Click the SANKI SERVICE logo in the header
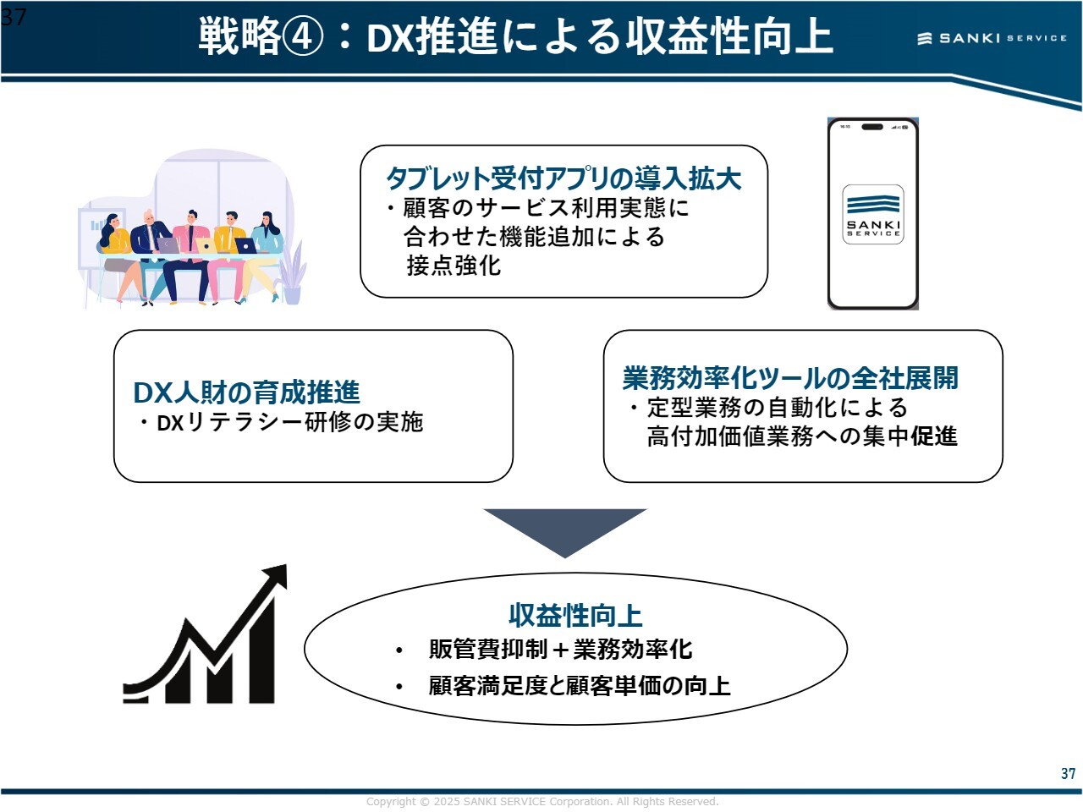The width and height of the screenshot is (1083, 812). tap(992, 38)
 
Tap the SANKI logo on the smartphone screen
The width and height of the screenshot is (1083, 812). tap(873, 214)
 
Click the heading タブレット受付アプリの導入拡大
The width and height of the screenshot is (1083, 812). tap(563, 178)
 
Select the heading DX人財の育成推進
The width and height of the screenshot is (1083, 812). tap(246, 392)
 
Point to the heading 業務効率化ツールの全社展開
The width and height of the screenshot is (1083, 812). tap(790, 378)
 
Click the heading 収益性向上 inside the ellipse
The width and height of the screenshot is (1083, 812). tap(575, 615)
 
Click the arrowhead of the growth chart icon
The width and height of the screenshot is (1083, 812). tap(275, 579)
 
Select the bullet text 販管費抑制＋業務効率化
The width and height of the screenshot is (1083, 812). tap(560, 650)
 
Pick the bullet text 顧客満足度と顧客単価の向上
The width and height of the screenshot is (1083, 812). tap(580, 685)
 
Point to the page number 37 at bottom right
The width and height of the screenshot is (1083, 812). tap(1068, 773)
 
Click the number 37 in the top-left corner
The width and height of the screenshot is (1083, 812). tap(14, 16)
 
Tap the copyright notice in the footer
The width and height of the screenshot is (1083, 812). tap(541, 802)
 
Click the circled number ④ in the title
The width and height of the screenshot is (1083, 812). tap(303, 37)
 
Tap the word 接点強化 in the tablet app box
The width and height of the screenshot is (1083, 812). tap(454, 266)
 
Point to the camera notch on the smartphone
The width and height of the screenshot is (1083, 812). tap(871, 127)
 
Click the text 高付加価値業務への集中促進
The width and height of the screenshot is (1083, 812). tap(802, 436)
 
